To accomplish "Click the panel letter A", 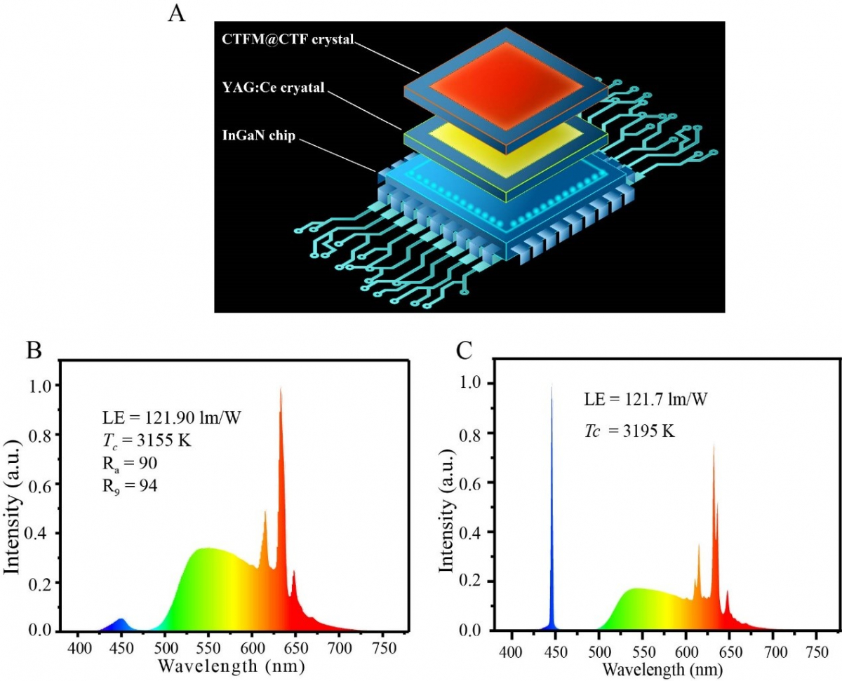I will [177, 13].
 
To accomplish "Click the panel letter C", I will [464, 349].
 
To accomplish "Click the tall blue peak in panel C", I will [552, 393].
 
